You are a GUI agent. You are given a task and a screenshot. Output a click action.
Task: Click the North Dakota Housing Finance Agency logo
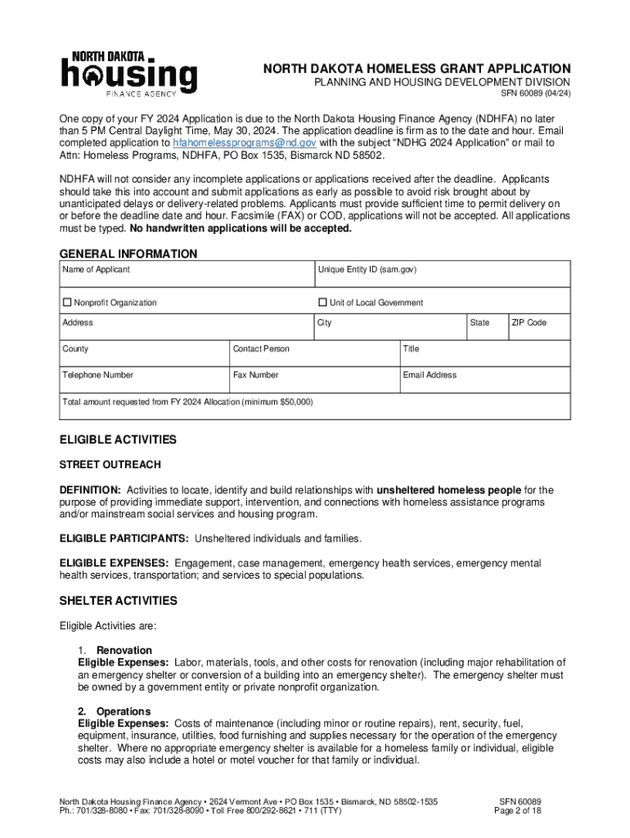128,74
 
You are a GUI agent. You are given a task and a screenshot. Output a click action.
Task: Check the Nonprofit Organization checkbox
68,303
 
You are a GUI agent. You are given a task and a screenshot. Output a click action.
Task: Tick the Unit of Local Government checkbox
322,303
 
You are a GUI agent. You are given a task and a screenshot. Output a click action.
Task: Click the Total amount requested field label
187,403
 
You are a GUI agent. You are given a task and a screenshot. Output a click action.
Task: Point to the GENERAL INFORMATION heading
128,254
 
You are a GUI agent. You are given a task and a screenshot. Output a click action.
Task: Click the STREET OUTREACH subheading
110,465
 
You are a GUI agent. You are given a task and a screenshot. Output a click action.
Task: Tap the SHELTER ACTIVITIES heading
118,601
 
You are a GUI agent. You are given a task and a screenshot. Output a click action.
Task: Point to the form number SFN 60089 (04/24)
535,93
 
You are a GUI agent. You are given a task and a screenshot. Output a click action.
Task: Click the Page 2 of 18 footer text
520,811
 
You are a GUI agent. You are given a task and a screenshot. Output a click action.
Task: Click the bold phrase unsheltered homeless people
448,490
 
